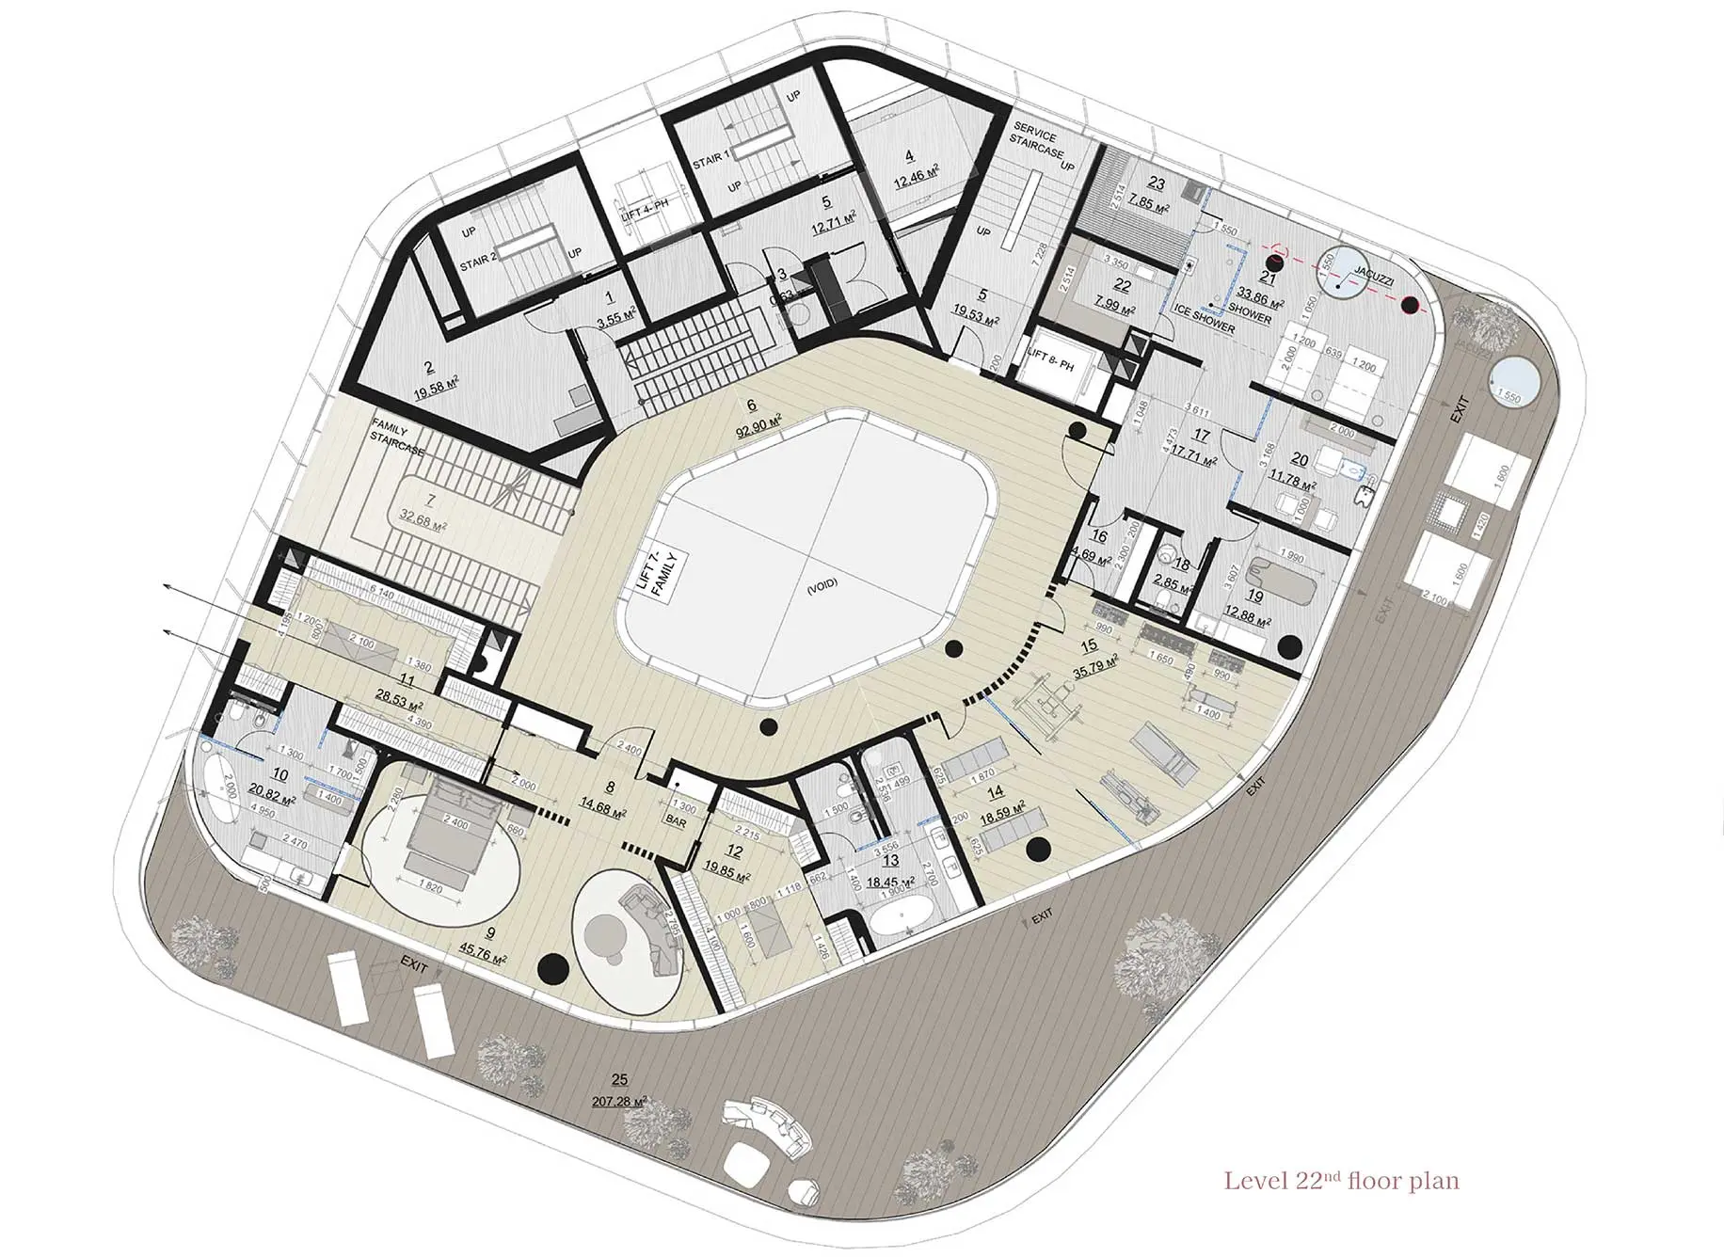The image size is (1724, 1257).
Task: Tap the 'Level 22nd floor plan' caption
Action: click(1341, 1180)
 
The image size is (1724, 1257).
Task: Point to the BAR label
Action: click(676, 821)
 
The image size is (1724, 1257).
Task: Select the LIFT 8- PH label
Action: click(1051, 359)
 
